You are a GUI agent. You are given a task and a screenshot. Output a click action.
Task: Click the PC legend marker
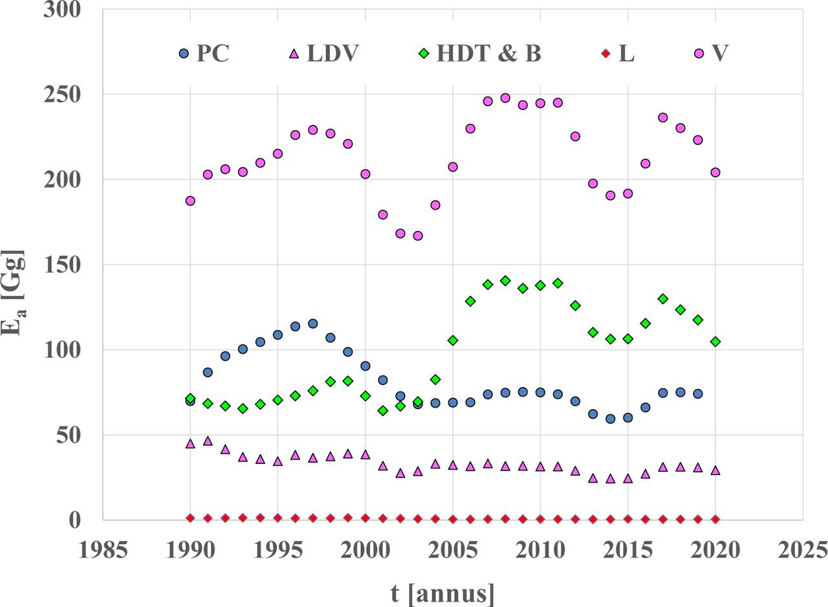coord(184,54)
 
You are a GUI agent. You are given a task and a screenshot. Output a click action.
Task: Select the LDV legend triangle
coord(293,53)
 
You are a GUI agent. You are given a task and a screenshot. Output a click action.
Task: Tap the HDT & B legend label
coord(488,54)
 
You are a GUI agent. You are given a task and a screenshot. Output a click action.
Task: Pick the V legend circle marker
coord(699,54)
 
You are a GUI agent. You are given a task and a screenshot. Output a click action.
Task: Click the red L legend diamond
coord(607,54)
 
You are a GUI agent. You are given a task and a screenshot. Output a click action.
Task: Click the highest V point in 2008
coord(505,98)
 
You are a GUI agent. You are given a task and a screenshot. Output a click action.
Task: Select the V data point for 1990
coord(190,201)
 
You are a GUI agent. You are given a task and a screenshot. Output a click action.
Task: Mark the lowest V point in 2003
coord(418,236)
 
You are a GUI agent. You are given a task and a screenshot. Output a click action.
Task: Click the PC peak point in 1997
coord(312,324)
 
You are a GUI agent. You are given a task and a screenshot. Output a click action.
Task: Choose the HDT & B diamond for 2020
coord(715,342)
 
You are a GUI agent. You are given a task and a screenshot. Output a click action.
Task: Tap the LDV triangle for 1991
coord(208,441)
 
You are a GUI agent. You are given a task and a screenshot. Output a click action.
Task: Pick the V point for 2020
coord(715,173)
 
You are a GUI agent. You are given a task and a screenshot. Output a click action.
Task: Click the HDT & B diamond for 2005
coord(453,340)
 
